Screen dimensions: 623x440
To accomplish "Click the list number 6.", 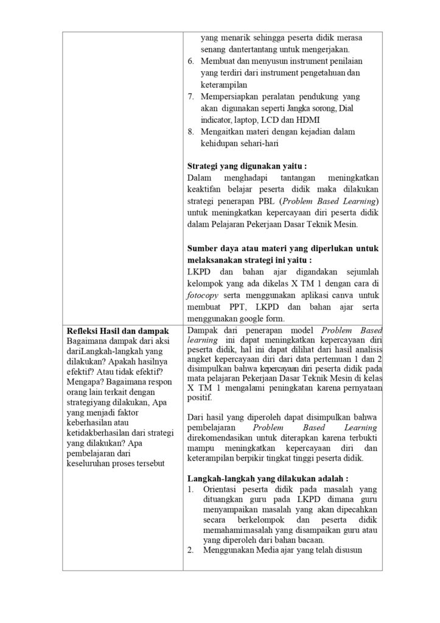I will pyautogui.click(x=190, y=61).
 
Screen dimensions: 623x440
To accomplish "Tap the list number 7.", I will pyautogui.click(x=190, y=96).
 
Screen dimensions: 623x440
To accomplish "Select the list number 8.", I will pyautogui.click(x=190, y=131).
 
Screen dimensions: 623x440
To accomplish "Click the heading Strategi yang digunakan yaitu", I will pyautogui.click(x=246, y=165).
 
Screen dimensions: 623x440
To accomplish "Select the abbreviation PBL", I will pyautogui.click(x=285, y=201).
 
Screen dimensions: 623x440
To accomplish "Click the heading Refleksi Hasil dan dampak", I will pyautogui.click(x=117, y=331).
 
